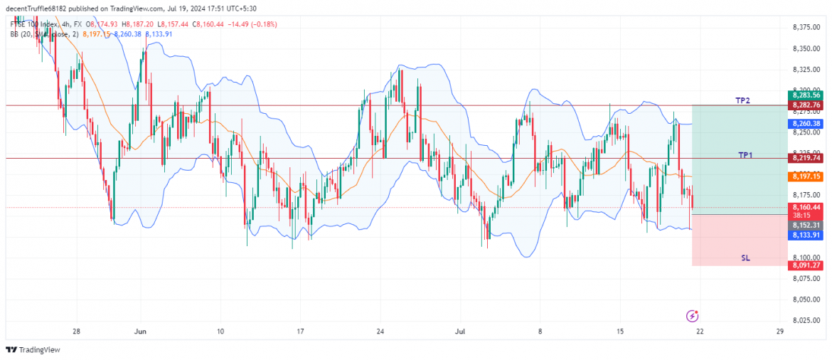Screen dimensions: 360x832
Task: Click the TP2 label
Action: point(742,101)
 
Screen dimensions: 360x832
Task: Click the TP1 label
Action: point(745,154)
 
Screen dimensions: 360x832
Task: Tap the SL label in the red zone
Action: point(745,258)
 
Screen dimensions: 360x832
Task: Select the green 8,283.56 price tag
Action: point(805,95)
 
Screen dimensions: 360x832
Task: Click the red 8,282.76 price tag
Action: point(805,105)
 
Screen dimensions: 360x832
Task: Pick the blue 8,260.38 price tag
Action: point(805,123)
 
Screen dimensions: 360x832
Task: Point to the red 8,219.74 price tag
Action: point(805,158)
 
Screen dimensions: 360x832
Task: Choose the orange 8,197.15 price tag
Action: point(805,176)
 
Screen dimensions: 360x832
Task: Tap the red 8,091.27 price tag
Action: point(805,265)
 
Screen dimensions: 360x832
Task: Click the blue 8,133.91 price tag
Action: point(805,234)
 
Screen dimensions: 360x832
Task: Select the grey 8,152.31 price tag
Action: point(805,225)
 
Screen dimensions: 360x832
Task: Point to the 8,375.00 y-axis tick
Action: point(806,28)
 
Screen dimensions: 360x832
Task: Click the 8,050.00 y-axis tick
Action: point(806,300)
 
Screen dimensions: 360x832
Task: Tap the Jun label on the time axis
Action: point(140,332)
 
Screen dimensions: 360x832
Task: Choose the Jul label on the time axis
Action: point(460,332)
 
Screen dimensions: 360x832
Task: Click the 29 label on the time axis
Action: point(780,332)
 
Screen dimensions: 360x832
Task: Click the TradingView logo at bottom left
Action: point(33,349)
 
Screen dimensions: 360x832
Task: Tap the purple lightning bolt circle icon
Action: point(693,315)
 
